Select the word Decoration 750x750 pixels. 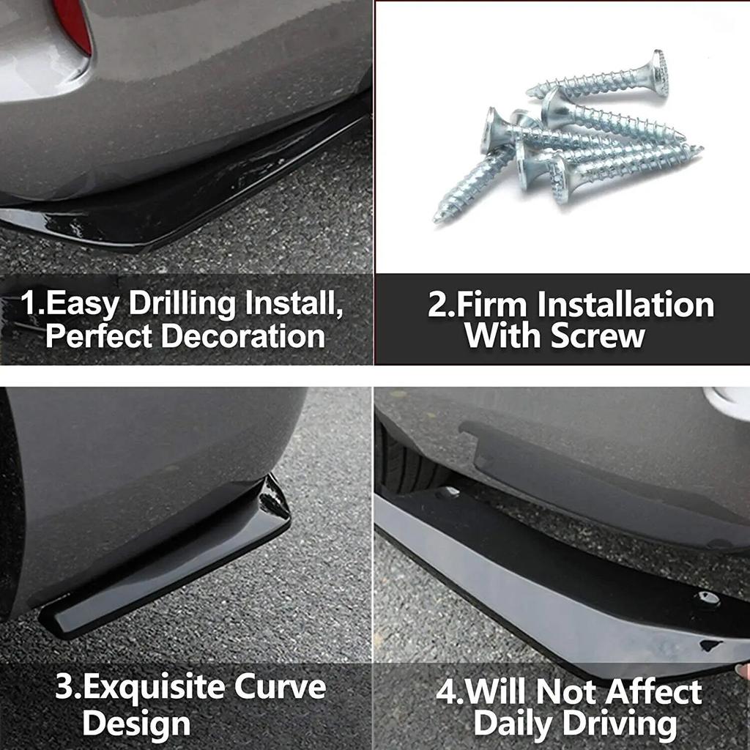pyautogui.click(x=242, y=336)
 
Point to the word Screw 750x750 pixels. pyautogui.click(x=598, y=336)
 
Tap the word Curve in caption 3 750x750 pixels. pyautogui.click(x=281, y=688)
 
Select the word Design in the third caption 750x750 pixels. pyautogui.click(x=136, y=723)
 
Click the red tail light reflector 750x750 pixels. pyautogui.click(x=73, y=22)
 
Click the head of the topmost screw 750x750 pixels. pyautogui.click(x=659, y=73)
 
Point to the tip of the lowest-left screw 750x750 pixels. pyautogui.click(x=438, y=218)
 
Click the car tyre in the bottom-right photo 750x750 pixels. pyautogui.click(x=407, y=461)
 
